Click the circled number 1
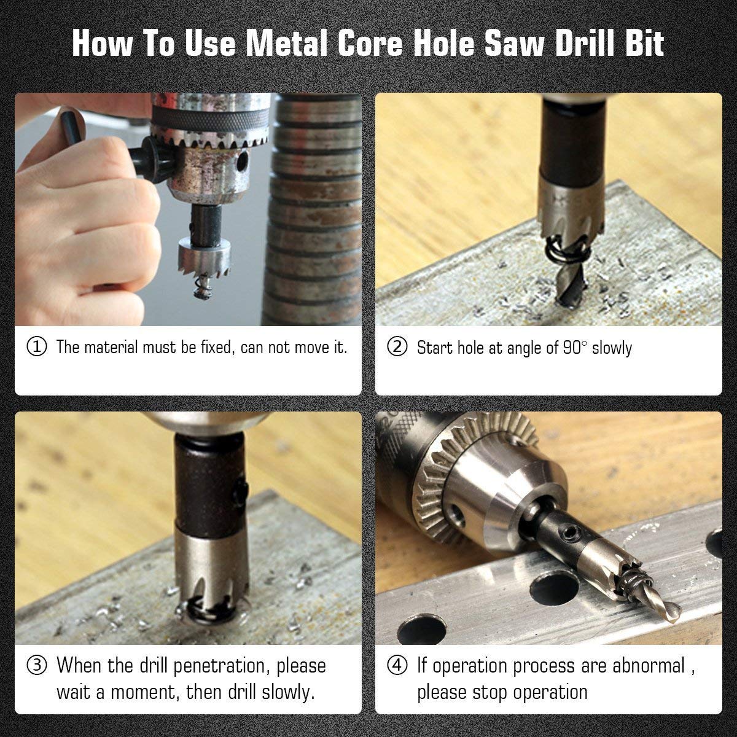(37, 346)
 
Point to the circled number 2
(397, 347)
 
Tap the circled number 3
(37, 666)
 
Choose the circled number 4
(397, 666)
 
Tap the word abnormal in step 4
(649, 666)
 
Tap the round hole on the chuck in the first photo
(241, 162)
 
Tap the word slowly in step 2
(612, 348)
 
